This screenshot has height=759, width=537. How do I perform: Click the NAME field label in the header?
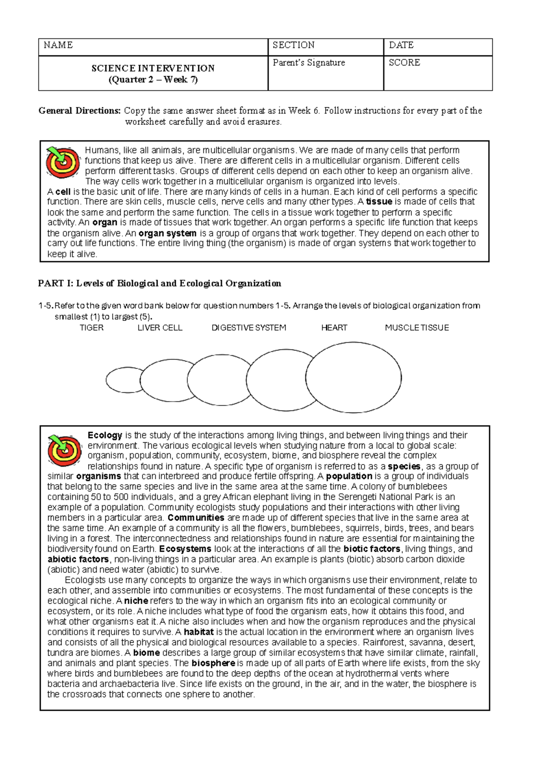click(x=58, y=45)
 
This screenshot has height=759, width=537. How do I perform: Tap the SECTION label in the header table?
click(x=294, y=45)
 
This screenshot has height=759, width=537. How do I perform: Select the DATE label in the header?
click(x=401, y=45)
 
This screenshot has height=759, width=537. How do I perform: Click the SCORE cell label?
click(x=405, y=63)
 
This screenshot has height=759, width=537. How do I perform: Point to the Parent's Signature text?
click(x=309, y=63)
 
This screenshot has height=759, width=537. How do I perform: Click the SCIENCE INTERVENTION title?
click(x=153, y=68)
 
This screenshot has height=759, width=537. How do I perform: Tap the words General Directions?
click(x=80, y=111)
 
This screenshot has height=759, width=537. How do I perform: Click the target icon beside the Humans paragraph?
click(x=63, y=162)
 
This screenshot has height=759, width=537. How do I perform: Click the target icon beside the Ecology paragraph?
click(x=64, y=450)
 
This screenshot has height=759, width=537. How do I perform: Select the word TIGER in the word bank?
click(x=92, y=328)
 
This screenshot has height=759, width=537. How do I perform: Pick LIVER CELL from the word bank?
click(x=160, y=328)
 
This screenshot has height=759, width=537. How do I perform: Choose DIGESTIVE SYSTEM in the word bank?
click(x=249, y=328)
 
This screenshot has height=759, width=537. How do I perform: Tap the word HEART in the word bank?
click(x=334, y=328)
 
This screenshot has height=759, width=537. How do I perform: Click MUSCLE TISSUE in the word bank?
click(x=417, y=328)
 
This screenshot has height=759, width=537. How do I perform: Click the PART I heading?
click(x=160, y=283)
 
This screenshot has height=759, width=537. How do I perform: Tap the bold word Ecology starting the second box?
click(x=105, y=435)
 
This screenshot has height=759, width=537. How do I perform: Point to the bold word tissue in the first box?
click(x=379, y=202)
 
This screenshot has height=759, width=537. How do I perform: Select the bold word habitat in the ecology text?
click(x=199, y=632)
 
